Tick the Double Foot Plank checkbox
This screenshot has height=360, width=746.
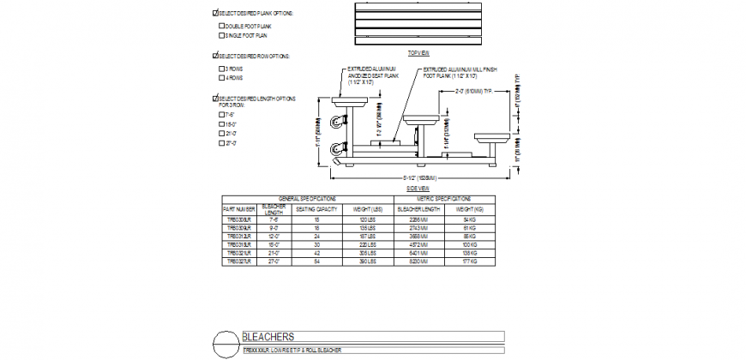coord(221,26)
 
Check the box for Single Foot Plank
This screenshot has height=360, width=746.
coord(221,35)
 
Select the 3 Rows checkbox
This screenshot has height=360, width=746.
coord(221,68)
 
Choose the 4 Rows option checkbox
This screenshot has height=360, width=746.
coord(221,77)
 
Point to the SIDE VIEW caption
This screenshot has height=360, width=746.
coord(418,188)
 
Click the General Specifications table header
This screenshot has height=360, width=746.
coord(307,197)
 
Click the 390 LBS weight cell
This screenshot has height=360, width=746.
coord(368,261)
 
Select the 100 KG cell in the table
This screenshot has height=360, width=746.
coord(470,246)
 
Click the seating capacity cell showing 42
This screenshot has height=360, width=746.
coord(317,254)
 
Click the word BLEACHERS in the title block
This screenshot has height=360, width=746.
coord(269,336)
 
